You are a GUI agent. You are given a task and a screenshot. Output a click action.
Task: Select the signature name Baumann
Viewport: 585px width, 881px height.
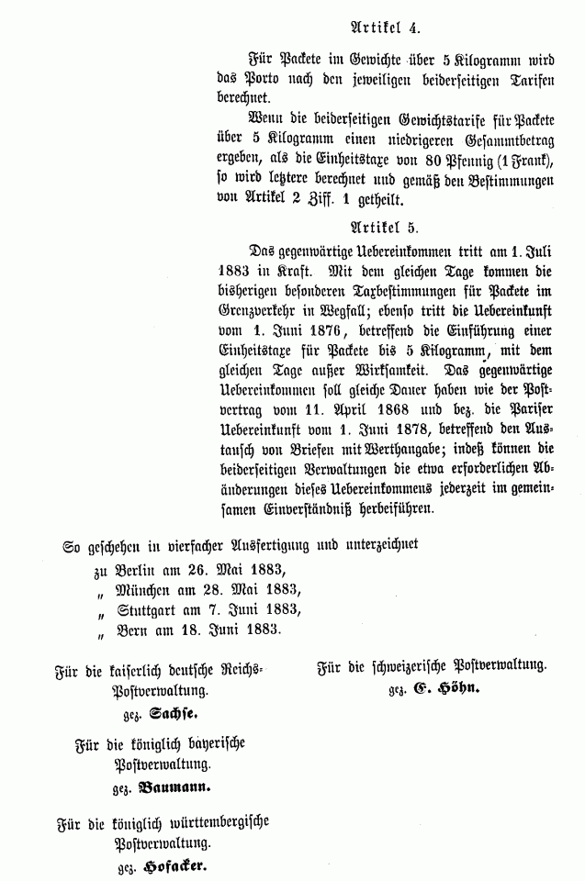pyautogui.click(x=175, y=787)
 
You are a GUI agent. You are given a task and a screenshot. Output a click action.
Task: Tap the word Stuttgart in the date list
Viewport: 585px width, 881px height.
pyautogui.click(x=150, y=609)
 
